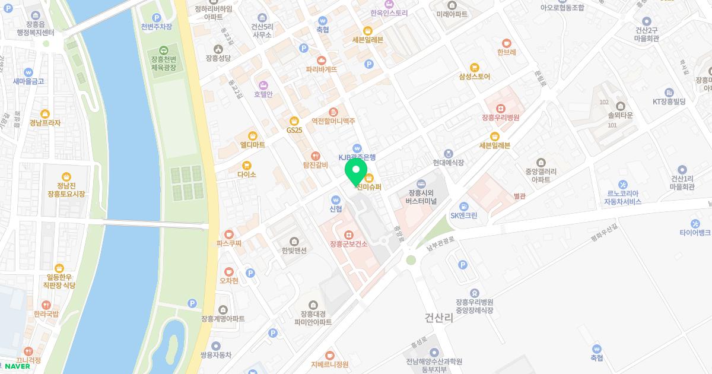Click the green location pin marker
coord(356,172)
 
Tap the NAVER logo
coord(17,366)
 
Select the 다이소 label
coord(246,174)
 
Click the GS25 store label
coord(294,129)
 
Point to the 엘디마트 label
coord(252,144)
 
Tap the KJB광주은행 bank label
coord(357,157)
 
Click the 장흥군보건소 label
coord(348,243)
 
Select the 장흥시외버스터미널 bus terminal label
coord(421,196)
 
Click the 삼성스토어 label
coord(474,76)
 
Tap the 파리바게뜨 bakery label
coord(322,69)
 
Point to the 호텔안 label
coord(263,94)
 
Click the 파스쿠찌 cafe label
coord(229,243)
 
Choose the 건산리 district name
coord(439,318)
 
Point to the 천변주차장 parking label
coord(157,27)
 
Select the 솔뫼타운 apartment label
coord(621,117)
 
